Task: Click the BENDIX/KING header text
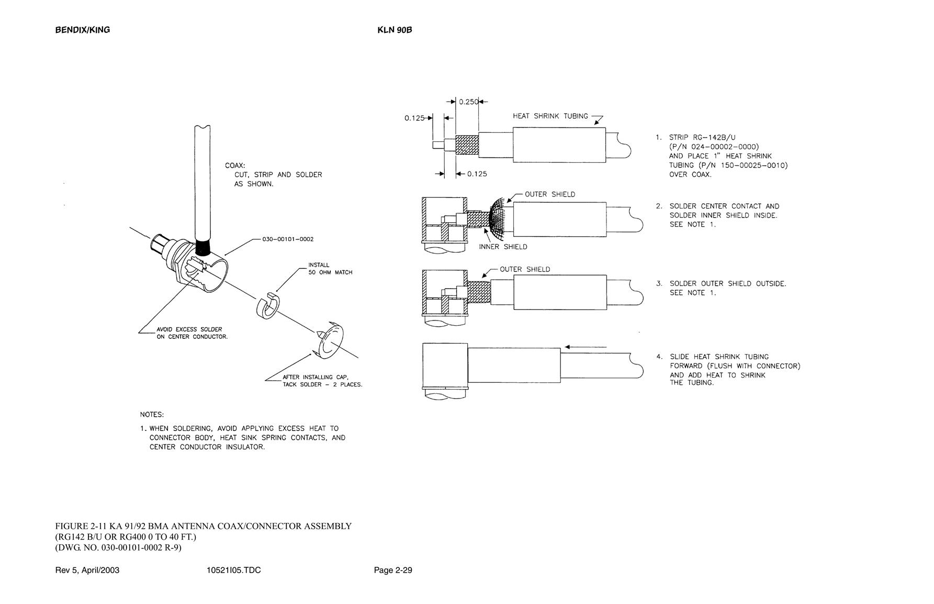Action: [x=83, y=30]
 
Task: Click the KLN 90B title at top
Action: [x=395, y=30]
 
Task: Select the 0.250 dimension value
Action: [x=469, y=102]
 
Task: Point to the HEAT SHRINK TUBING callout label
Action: [x=550, y=116]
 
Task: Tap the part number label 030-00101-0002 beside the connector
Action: [x=288, y=240]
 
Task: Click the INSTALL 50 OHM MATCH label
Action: [x=330, y=269]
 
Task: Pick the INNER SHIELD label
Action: [x=503, y=247]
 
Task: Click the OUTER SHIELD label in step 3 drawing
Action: [x=525, y=269]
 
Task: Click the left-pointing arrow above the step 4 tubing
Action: [x=586, y=347]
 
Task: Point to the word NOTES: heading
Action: [x=152, y=415]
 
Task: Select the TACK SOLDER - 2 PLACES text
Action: [x=322, y=384]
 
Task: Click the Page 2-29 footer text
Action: [x=393, y=570]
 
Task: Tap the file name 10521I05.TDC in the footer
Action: [x=234, y=570]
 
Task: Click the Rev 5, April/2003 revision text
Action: [x=87, y=570]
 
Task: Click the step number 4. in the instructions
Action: [x=659, y=357]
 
